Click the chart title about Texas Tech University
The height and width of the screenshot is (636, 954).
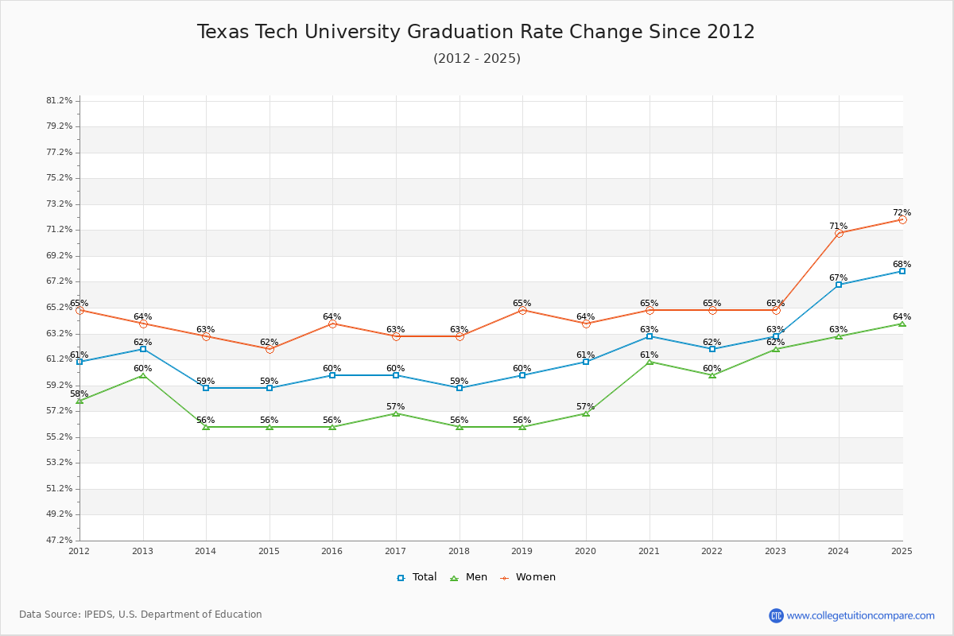click(475, 32)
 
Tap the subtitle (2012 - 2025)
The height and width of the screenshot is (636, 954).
click(476, 59)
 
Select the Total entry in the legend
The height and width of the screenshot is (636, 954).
click(417, 577)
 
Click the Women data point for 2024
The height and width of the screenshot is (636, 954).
click(839, 233)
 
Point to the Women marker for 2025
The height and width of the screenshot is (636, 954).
click(902, 219)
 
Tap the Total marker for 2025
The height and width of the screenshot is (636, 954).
click(902, 271)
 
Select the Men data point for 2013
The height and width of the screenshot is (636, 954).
click(143, 375)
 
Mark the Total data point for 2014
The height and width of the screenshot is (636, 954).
click(206, 388)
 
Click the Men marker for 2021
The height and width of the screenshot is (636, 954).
click(650, 362)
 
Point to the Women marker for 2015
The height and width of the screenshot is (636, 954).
click(270, 349)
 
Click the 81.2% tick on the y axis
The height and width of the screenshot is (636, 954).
click(60, 101)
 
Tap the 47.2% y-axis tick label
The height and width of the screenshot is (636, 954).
click(60, 541)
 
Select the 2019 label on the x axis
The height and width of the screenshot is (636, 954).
click(522, 551)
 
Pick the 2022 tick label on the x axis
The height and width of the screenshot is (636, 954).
click(712, 551)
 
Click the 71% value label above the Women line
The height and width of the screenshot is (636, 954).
click(838, 227)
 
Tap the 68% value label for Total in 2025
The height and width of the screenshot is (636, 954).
click(902, 265)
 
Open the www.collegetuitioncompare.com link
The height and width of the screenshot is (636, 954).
click(860, 615)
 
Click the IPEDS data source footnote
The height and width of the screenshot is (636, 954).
click(141, 615)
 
